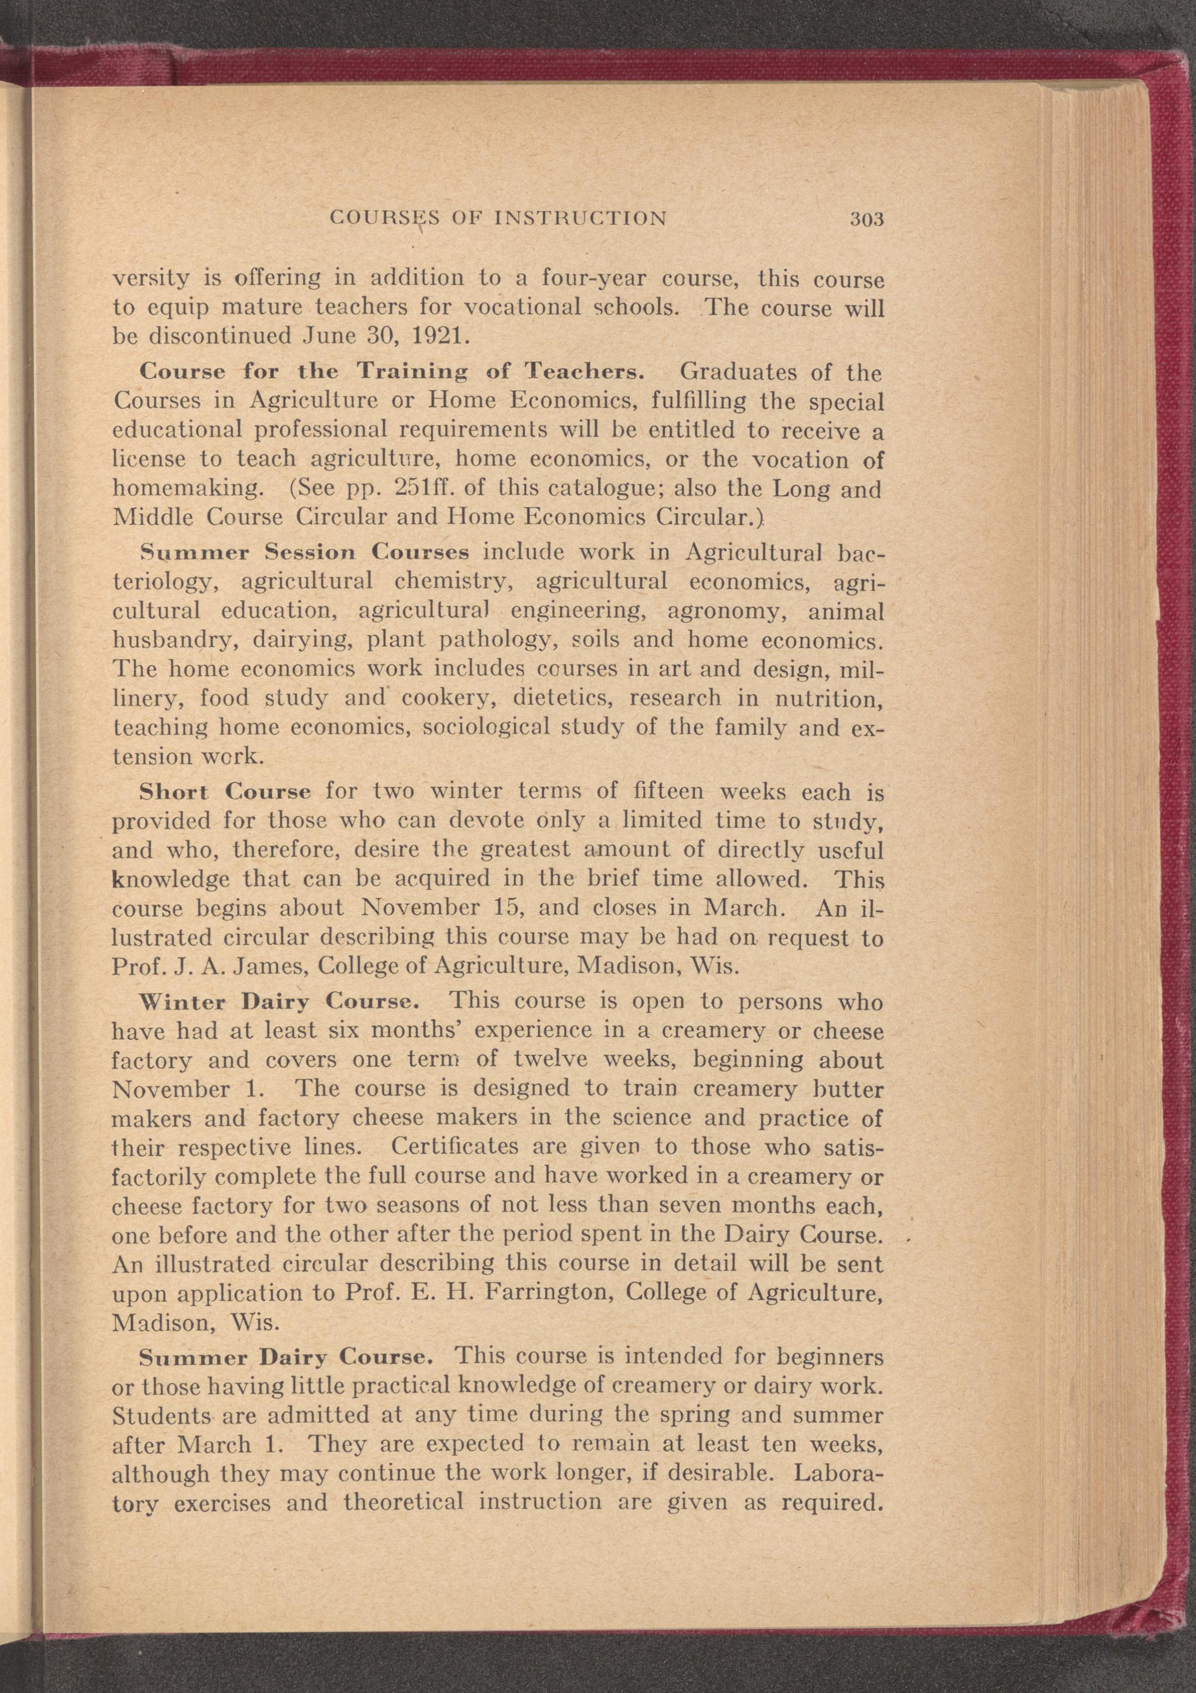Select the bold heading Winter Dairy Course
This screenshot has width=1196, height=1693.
point(279,1002)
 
